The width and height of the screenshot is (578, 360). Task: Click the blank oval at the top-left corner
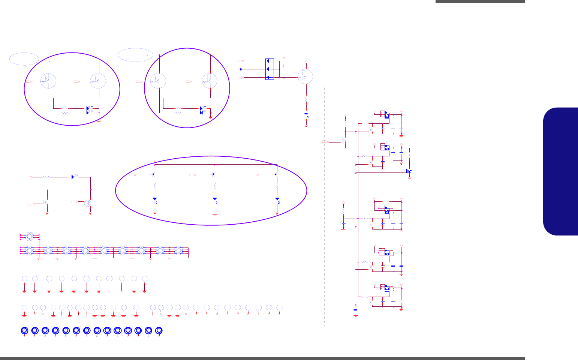[24, 58]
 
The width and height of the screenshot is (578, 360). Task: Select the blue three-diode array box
[270, 69]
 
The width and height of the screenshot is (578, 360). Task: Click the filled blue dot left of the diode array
[241, 69]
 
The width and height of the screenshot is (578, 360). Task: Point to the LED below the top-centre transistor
[307, 115]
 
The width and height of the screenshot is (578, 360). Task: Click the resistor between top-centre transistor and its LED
[307, 100]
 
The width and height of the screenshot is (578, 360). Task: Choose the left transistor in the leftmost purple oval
[48, 81]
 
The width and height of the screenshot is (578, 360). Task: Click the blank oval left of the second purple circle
[135, 55]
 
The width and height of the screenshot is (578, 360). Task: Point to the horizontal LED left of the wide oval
[75, 177]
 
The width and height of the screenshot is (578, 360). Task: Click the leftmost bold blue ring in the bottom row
[24, 330]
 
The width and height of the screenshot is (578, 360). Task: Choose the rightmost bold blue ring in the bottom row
[159, 330]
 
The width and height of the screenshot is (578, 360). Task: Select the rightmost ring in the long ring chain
[178, 250]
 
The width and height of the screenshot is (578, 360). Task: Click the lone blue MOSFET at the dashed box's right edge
[409, 171]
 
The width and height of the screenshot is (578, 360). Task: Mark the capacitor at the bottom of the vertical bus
[356, 310]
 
